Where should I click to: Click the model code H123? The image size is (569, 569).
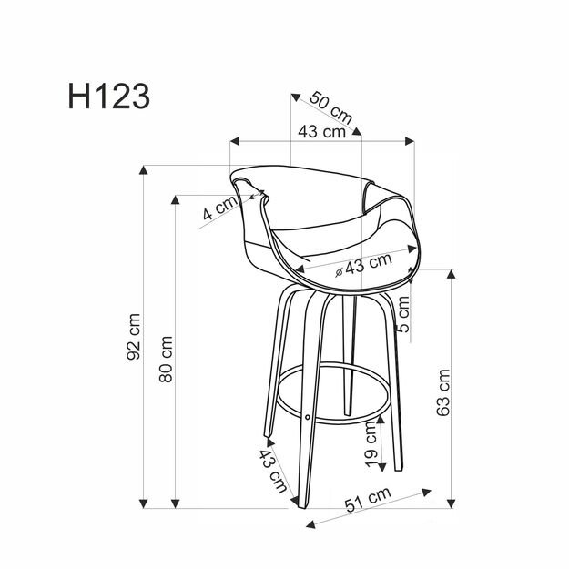coord(107,96)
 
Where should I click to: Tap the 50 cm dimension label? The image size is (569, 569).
coord(330,107)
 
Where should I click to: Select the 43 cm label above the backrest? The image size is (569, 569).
coord(321,131)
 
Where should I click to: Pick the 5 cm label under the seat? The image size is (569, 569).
coord(403,313)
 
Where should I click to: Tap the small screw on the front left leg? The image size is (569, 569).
coord(307,418)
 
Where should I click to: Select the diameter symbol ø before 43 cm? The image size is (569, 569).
coord(339,270)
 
